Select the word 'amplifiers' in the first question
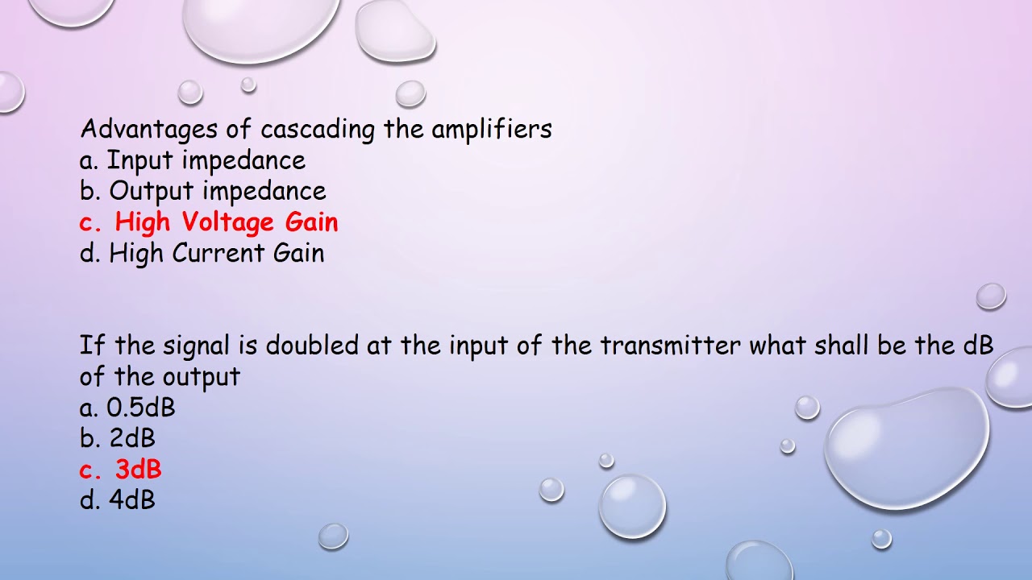click(492, 130)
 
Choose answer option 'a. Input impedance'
click(193, 160)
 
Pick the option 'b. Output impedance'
click(202, 192)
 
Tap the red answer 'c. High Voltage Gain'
click(209, 222)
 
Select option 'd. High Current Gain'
click(202, 254)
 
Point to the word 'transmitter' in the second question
click(671, 346)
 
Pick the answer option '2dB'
click(132, 439)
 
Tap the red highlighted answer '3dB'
click(138, 470)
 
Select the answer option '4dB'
click(132, 500)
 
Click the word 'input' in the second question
click(476, 346)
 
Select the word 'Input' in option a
click(141, 160)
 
